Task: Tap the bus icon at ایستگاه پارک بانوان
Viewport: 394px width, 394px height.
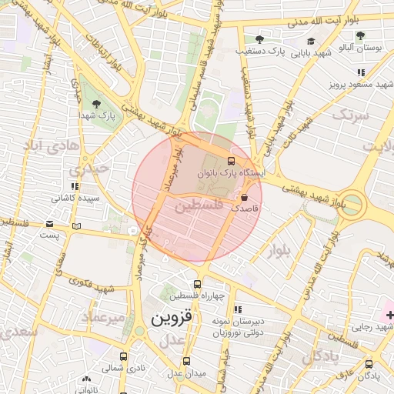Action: coord(230,162)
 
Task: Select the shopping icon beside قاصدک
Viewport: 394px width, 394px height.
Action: coord(244,198)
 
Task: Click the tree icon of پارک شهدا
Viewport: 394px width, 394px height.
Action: coord(96,104)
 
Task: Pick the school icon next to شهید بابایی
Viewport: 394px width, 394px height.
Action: coord(311,42)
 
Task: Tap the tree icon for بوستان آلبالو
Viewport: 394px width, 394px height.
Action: coord(360,35)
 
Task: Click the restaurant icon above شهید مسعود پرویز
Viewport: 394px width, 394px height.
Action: coord(360,72)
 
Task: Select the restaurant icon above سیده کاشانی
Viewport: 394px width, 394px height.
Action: coord(75,186)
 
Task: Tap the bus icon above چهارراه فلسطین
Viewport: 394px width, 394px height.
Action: coord(197,285)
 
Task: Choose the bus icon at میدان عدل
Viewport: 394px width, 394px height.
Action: coord(186,361)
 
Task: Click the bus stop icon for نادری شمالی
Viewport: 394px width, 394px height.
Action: coord(123,356)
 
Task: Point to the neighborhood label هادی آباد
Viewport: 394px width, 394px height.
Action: coord(52,145)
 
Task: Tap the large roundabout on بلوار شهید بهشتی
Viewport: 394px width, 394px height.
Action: coord(352,202)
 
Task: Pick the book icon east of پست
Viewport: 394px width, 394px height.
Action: coord(75,225)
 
